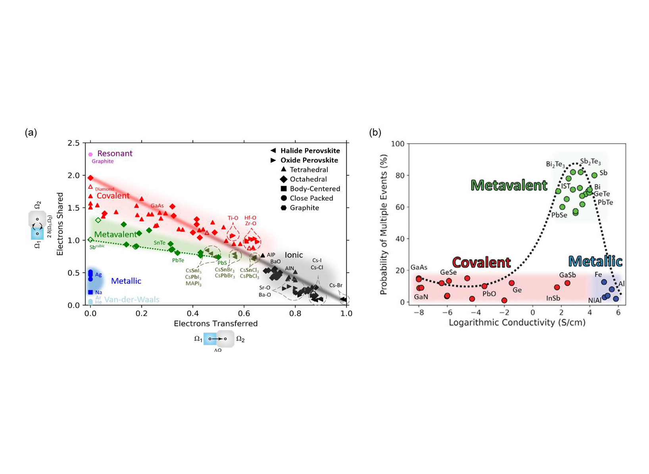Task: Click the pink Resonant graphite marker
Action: [90, 154]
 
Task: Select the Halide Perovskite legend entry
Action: [309, 151]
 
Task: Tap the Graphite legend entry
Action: [304, 208]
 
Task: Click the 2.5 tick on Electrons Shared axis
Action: [74, 143]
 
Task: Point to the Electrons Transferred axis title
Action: [215, 324]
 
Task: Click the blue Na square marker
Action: [90, 292]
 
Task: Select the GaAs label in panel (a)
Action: [157, 206]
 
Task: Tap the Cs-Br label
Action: [336, 285]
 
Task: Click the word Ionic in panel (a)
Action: [294, 255]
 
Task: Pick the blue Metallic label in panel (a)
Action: [126, 281]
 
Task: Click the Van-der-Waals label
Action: [132, 299]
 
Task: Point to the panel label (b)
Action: [375, 133]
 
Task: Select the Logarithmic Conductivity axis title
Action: [517, 322]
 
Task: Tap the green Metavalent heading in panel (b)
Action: [509, 185]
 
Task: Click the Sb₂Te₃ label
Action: [590, 162]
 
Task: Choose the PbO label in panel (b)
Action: [489, 294]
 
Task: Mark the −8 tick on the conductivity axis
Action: [419, 312]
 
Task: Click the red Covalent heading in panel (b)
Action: [481, 262]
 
